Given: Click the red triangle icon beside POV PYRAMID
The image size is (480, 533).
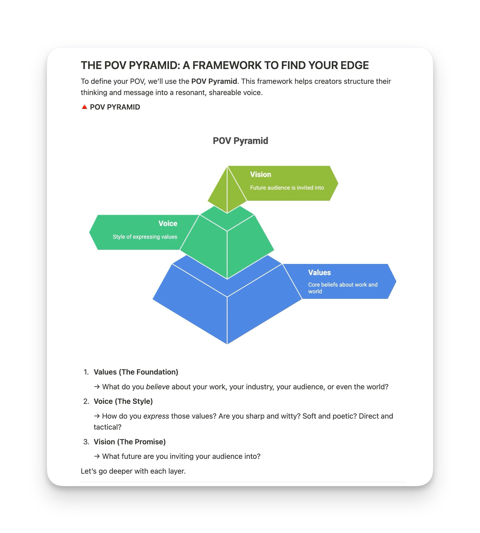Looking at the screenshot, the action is point(84,107).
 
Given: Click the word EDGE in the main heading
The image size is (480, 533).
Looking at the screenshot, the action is point(354,65).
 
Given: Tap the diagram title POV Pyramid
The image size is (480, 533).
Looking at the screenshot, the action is point(240,141).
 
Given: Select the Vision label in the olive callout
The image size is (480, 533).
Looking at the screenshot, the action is point(260,175).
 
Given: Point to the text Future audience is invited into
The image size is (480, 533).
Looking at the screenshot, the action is point(287,188).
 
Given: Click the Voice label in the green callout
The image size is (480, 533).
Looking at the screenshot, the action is point(168,223).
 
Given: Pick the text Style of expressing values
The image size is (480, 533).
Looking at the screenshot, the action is point(145,237).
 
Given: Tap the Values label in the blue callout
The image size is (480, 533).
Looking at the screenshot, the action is point(319,272).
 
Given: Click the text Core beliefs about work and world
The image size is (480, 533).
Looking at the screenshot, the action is point(343,288).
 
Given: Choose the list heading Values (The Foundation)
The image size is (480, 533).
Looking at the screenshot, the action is point(136,372).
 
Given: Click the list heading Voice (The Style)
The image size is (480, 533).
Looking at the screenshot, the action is point(123,401).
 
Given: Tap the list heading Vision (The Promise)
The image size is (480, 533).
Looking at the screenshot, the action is point(130,442).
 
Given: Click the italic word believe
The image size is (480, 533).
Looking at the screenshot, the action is point(157,387).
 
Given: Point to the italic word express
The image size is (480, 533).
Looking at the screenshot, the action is point(156,416).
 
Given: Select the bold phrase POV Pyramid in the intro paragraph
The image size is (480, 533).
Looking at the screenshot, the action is point(214,81).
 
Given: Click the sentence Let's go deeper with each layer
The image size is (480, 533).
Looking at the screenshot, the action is point(133,471).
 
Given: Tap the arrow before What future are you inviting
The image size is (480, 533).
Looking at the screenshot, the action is point(97,456).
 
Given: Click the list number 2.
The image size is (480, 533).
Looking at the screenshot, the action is point(86,401).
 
